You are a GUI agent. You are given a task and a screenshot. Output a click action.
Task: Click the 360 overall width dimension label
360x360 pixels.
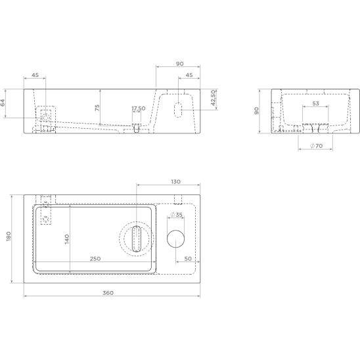click(x=108, y=293)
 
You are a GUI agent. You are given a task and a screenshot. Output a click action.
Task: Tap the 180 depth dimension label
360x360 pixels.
click(x=9, y=236)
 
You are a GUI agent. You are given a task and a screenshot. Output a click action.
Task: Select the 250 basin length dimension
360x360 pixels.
click(x=95, y=259)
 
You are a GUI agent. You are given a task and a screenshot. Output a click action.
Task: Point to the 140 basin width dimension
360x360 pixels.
click(x=67, y=239)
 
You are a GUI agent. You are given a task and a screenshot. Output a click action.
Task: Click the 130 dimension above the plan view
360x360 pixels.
click(x=175, y=181)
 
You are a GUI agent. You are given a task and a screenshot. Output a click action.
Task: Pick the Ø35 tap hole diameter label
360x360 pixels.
click(x=176, y=214)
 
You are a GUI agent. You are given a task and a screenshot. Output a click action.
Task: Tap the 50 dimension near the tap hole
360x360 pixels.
click(x=188, y=259)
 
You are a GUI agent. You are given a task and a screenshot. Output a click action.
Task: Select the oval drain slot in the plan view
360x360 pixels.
click(x=137, y=238)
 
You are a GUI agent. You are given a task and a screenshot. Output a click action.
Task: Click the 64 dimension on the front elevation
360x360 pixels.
click(x=3, y=102)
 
